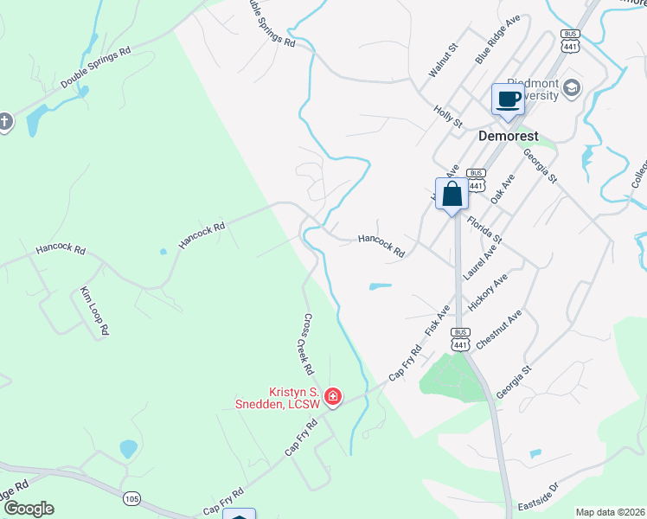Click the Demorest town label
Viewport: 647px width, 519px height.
coord(509,136)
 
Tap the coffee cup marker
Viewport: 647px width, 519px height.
coord(508,99)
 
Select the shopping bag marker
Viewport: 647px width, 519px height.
coord(452,194)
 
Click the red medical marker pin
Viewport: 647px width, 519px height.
coord(333,398)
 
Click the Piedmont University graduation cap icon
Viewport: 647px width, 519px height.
coord(572,87)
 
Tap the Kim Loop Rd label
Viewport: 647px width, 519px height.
coord(94,310)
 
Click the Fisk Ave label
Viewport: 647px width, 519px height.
coord(438,321)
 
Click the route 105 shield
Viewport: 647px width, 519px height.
coord(131,498)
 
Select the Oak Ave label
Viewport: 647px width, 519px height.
coord(503,189)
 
